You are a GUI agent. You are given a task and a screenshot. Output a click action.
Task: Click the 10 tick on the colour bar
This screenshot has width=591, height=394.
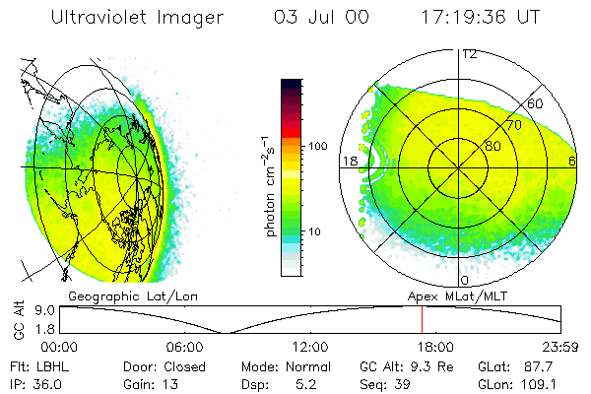[317, 231]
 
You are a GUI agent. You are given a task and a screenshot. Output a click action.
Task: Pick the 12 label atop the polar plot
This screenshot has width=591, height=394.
[470, 53]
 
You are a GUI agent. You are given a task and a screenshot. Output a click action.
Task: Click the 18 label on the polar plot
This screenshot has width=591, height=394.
[349, 161]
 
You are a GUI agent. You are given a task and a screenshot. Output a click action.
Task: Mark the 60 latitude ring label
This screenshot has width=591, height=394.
[537, 103]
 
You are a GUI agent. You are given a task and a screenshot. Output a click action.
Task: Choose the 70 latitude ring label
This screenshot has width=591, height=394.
[513, 125]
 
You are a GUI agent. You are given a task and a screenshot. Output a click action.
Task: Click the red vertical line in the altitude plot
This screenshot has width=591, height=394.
[422, 320]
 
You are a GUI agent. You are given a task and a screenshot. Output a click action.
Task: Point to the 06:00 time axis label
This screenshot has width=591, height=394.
[184, 347]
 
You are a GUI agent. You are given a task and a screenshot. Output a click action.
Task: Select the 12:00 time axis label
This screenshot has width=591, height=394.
[311, 347]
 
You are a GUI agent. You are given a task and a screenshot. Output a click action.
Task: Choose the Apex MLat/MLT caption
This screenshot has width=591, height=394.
[454, 295]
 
